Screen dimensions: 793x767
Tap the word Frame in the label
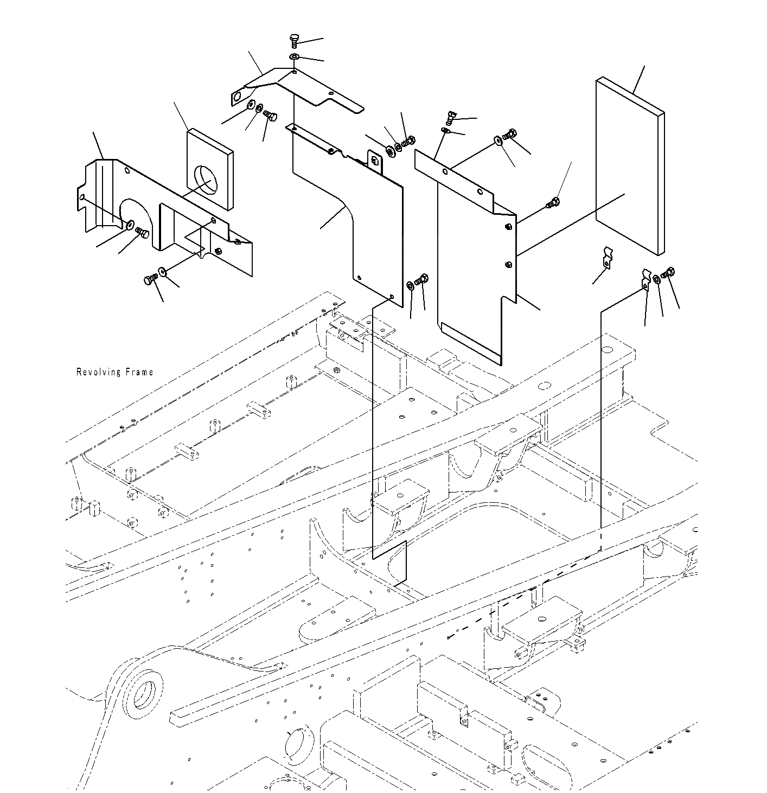click(x=139, y=372)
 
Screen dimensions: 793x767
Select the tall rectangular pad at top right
click(x=629, y=166)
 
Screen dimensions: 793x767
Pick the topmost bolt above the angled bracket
click(x=293, y=41)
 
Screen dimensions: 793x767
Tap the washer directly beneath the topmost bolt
click(x=293, y=57)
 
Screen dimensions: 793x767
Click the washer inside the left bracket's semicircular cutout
click(x=131, y=225)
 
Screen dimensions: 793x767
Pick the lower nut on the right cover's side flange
click(x=508, y=264)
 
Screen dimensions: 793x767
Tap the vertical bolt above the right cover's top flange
click(x=450, y=116)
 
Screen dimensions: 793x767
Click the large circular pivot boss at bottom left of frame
click(x=143, y=692)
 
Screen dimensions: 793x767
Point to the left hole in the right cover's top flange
click(x=444, y=172)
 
